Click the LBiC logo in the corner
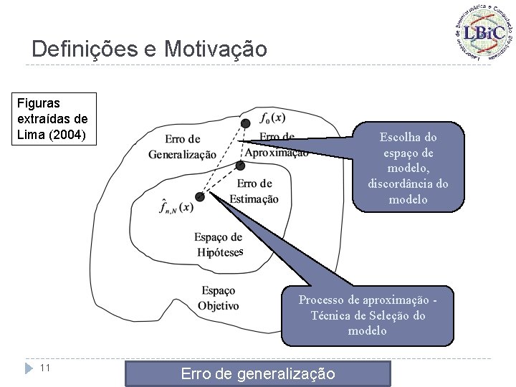coord(482,33)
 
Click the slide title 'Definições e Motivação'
coord(149,49)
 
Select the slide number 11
coord(44,368)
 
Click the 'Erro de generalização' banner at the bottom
coord(257,373)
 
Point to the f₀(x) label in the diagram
coord(272,118)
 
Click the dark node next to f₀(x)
coord(246,123)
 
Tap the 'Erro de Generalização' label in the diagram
coord(182,146)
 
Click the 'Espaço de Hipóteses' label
coord(219,244)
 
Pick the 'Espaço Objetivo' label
coord(218,298)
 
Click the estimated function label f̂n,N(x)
coord(176,206)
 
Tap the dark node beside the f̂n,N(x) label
coord(200,196)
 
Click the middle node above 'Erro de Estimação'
coord(240,166)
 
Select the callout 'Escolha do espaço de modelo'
coord(407,168)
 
